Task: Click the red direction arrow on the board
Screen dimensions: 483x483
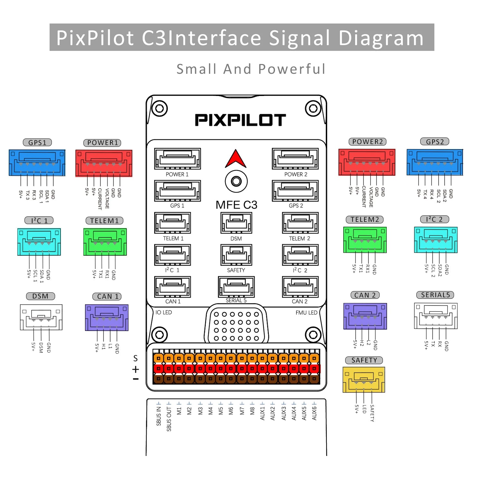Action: click(236, 159)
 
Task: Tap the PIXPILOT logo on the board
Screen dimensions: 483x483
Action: click(240, 120)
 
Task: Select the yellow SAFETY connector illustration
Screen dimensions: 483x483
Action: click(364, 380)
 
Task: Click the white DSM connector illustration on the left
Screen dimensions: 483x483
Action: click(41, 317)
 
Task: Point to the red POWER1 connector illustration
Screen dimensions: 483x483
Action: click(104, 163)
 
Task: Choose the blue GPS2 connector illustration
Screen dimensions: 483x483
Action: click(435, 162)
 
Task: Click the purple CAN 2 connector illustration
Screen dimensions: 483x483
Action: click(365, 316)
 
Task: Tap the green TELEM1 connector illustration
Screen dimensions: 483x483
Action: click(105, 242)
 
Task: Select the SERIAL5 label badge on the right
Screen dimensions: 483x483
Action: click(435, 295)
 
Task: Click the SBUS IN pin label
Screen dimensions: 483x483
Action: click(159, 416)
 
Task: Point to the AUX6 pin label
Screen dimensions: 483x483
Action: click(314, 413)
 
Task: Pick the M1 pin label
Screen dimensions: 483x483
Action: click(179, 411)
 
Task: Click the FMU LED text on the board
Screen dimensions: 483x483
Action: click(306, 313)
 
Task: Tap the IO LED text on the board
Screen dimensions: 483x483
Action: click(164, 312)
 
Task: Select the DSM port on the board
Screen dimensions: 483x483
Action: click(236, 223)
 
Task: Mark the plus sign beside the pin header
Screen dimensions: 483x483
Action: click(136, 369)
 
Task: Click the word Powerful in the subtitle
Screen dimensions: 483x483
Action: click(292, 69)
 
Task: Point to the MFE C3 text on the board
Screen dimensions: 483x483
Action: click(236, 205)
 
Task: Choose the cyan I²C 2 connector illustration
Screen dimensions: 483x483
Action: click(436, 240)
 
